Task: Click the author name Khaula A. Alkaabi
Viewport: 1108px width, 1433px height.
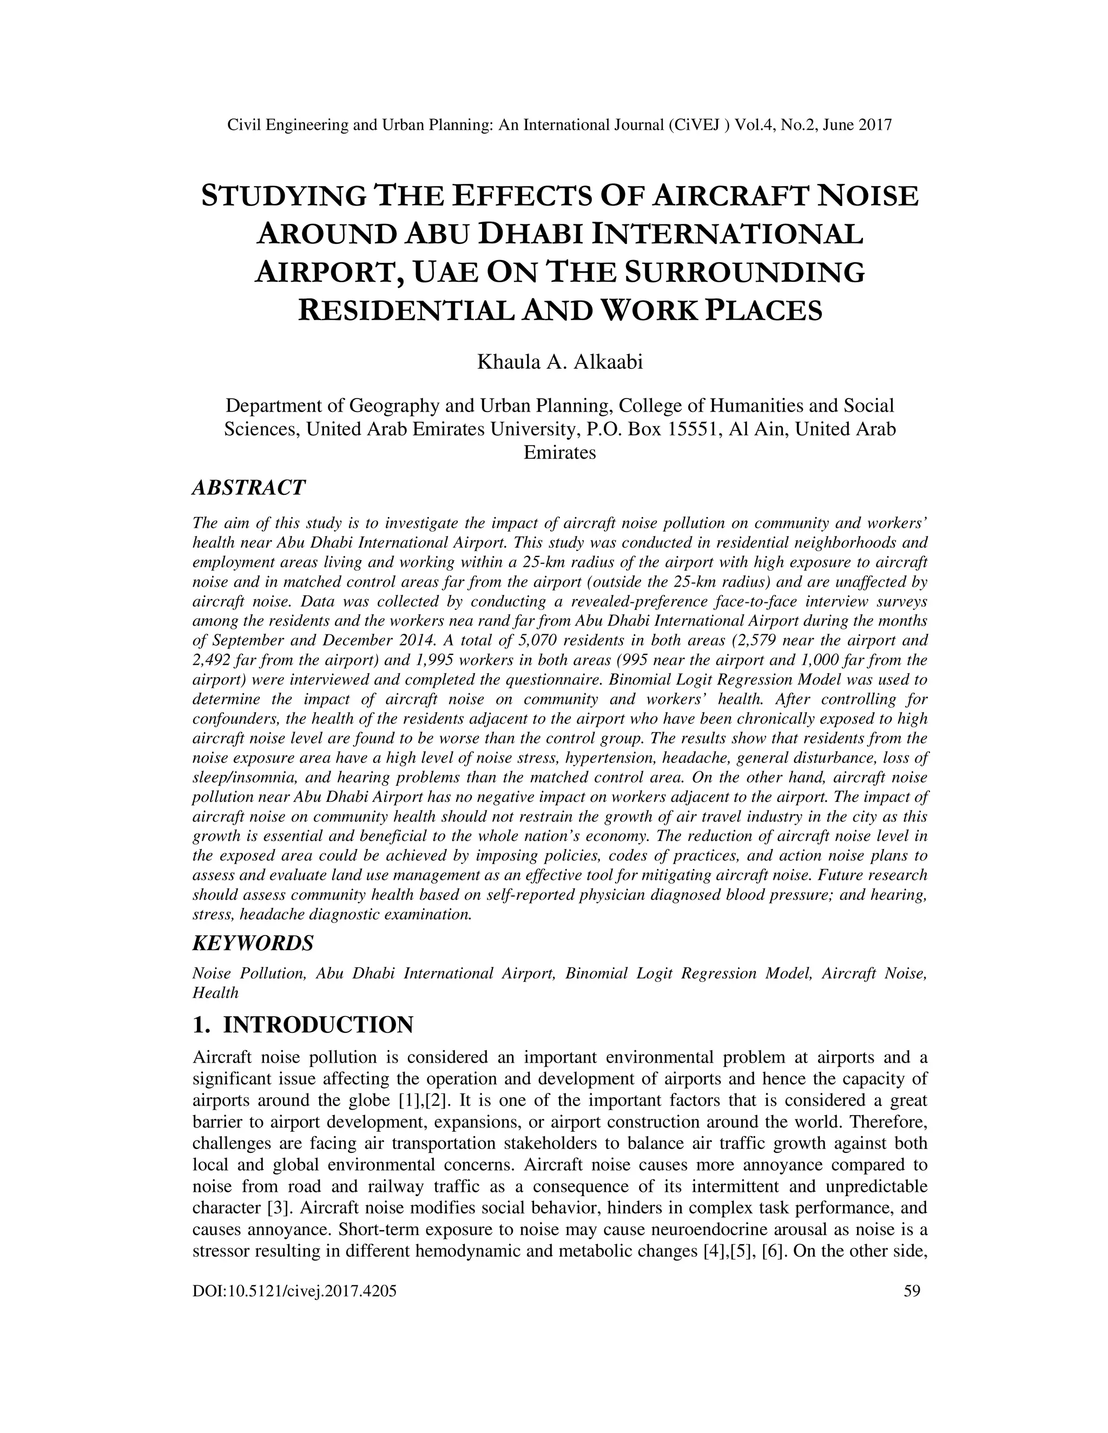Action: [x=559, y=362]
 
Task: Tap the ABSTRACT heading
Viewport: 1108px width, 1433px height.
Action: [x=248, y=488]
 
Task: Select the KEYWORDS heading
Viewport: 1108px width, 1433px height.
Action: [x=253, y=944]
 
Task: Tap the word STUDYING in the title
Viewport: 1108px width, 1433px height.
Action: [x=282, y=196]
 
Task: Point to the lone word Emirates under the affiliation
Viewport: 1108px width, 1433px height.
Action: [x=559, y=453]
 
